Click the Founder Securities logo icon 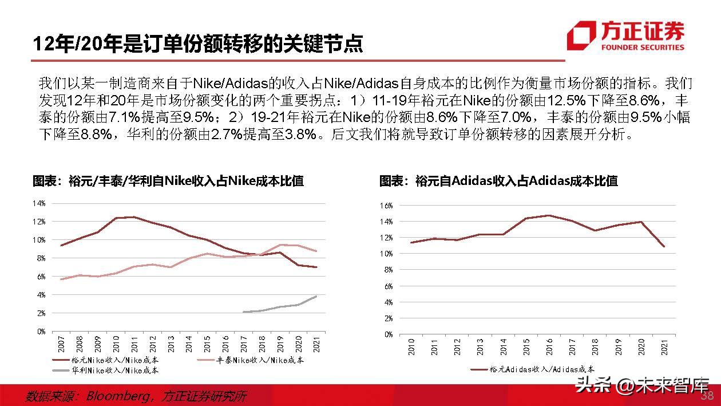click(581, 36)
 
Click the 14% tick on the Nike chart click(38, 203)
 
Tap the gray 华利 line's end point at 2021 click(316, 296)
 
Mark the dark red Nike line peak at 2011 click(134, 217)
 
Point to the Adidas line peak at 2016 click(549, 215)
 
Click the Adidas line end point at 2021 click(663, 246)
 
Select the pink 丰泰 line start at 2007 click(61, 279)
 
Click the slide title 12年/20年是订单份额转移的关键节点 click(197, 44)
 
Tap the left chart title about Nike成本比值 click(168, 182)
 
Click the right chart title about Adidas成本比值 click(498, 182)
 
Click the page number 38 click(707, 396)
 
